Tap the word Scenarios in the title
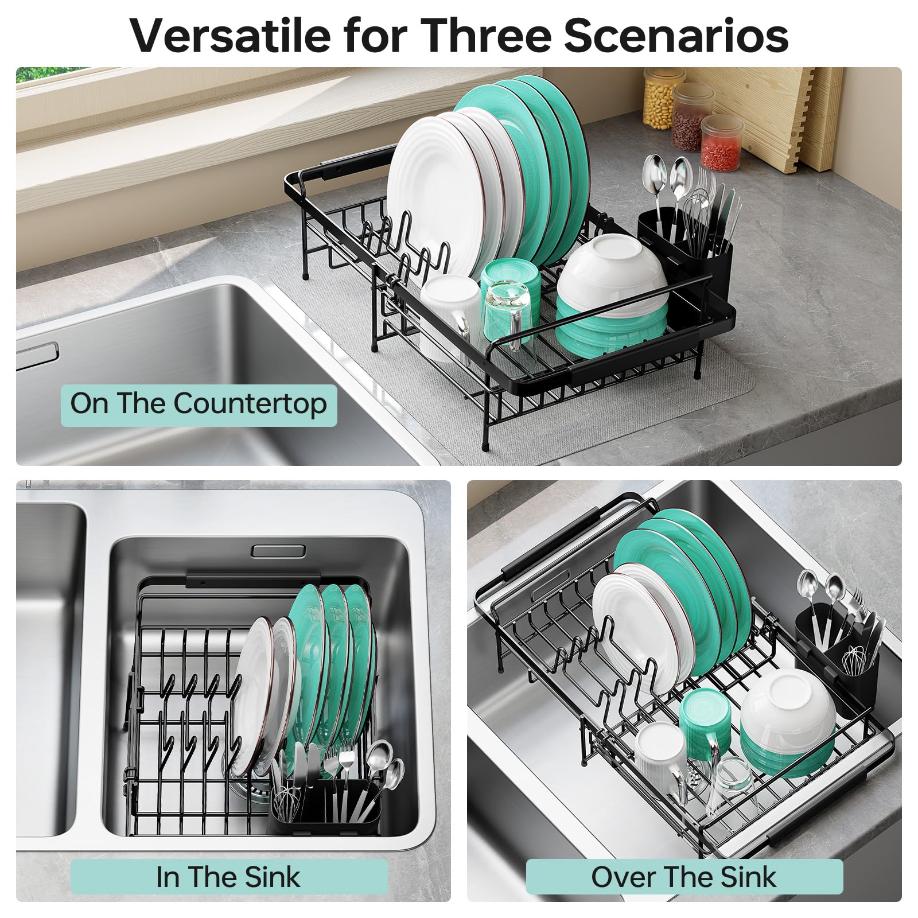pos(676,36)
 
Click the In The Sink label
pos(228,877)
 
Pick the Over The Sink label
pos(684,877)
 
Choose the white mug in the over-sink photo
pos(660,757)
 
